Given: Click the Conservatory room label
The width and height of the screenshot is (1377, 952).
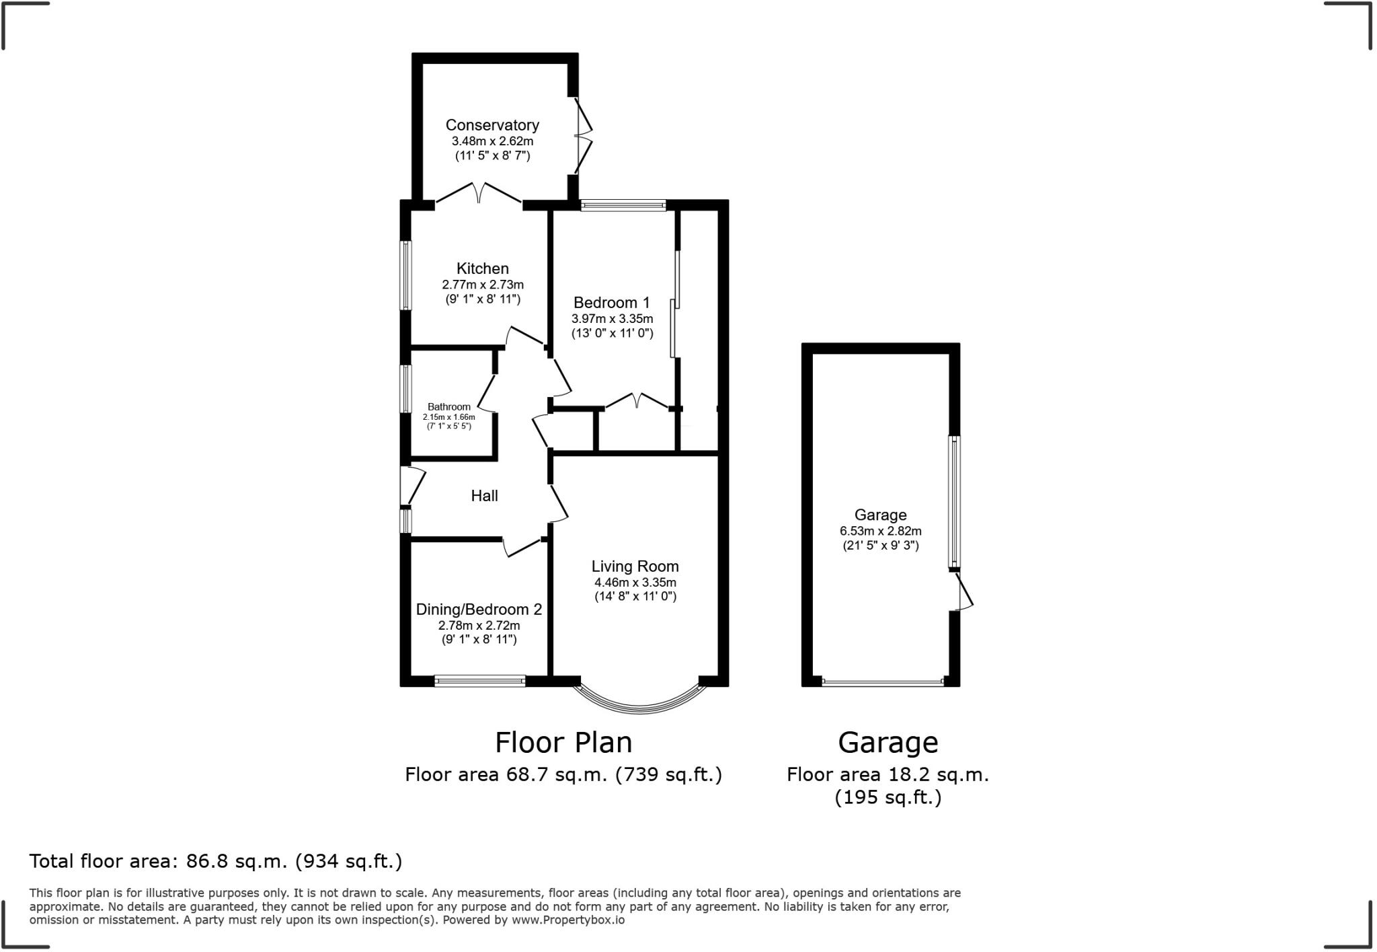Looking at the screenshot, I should click(x=492, y=125).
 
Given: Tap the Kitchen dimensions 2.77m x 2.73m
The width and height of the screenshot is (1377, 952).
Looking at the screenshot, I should click(x=482, y=285).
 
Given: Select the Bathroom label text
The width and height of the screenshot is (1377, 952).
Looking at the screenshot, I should click(x=449, y=407).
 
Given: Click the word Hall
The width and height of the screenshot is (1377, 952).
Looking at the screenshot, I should click(x=484, y=496).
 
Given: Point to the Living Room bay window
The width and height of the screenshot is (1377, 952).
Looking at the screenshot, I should click(x=639, y=704).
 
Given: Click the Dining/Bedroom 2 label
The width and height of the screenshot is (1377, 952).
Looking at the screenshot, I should click(x=479, y=610).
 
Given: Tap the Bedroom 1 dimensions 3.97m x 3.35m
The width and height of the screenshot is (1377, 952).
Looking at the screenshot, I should click(x=612, y=319).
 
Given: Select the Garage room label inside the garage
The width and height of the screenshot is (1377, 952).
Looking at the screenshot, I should click(x=880, y=515).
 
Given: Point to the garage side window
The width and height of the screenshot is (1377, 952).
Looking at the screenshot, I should click(x=954, y=501).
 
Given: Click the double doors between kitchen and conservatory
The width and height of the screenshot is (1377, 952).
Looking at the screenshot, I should click(x=479, y=194).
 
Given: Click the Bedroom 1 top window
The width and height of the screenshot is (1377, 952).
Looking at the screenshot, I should click(x=623, y=206).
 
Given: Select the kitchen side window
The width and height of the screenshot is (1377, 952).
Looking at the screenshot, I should click(x=406, y=275).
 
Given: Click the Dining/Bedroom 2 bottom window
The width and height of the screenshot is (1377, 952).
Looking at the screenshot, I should click(x=479, y=682).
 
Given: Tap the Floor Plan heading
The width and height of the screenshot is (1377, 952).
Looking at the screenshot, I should click(x=563, y=743).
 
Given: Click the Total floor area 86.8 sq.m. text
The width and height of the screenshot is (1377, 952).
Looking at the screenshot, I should click(x=215, y=861).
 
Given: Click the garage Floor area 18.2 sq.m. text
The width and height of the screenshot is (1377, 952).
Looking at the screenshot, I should click(x=888, y=775).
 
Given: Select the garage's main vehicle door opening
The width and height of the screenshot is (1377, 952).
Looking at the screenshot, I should click(x=882, y=682).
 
